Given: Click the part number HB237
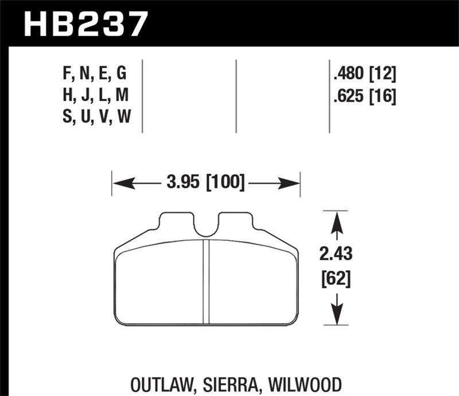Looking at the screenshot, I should click(x=86, y=25).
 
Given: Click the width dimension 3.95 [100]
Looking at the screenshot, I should click(x=205, y=183).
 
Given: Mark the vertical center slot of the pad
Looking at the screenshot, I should click(x=206, y=281).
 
